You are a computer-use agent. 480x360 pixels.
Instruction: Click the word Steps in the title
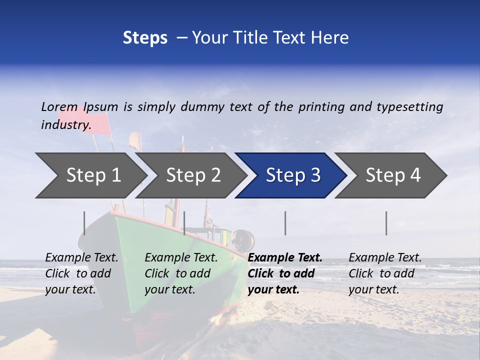pyautogui.click(x=145, y=38)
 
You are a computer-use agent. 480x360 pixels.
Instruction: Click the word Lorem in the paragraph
pyautogui.click(x=59, y=106)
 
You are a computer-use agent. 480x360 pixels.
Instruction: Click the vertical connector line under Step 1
pyautogui.click(x=84, y=223)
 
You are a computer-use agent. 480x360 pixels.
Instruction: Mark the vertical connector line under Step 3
pyautogui.click(x=285, y=223)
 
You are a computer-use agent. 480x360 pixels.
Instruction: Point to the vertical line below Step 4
pyautogui.click(x=386, y=223)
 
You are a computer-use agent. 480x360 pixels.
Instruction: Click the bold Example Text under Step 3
pyautogui.click(x=285, y=258)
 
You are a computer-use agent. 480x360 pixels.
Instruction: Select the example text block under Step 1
pyautogui.click(x=81, y=273)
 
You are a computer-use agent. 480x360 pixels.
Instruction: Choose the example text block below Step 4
pyautogui.click(x=385, y=273)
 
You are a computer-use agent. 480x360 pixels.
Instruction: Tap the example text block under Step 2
pyautogui.click(x=181, y=273)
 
